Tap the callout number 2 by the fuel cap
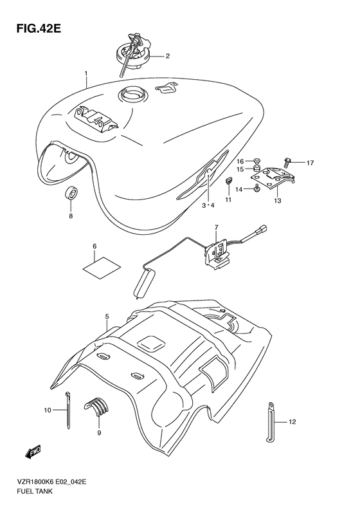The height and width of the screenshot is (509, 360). (168, 56)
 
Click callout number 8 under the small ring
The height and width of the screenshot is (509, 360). (71, 216)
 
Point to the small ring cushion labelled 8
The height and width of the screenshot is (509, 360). (71, 193)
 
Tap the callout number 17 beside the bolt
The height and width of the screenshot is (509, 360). (310, 163)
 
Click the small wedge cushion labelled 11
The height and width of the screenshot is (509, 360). (228, 181)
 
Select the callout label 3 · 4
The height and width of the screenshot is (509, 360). (207, 205)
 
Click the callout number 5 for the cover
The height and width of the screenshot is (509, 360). (107, 317)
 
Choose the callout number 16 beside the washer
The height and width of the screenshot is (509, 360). (240, 162)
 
